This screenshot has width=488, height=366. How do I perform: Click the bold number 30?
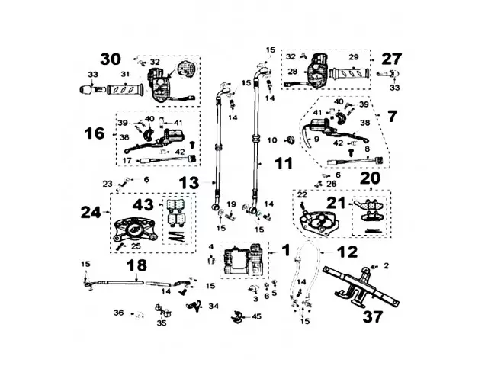click(111, 59)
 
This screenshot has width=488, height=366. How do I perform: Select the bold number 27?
click(391, 59)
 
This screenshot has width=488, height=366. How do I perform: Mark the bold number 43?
click(143, 206)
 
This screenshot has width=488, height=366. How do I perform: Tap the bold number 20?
click(370, 178)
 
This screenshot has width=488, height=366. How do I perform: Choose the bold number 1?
click(285, 249)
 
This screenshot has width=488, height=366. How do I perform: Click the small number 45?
click(256, 316)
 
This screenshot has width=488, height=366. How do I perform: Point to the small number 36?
click(118, 313)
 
